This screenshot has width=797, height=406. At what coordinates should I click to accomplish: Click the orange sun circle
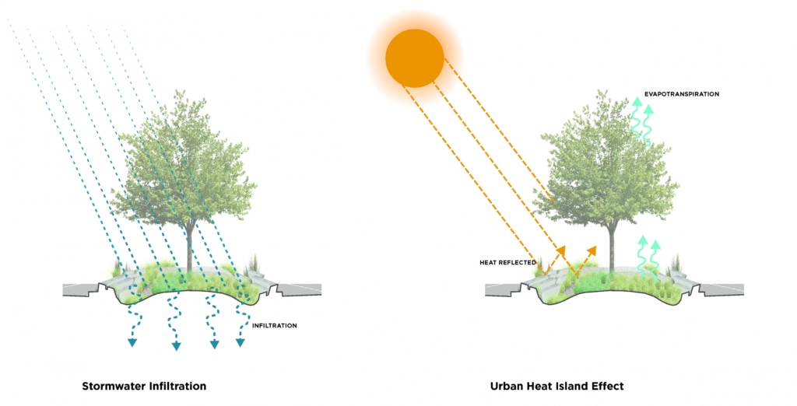[x=415, y=58]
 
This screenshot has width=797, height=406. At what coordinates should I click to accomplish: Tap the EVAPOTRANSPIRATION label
[x=681, y=94]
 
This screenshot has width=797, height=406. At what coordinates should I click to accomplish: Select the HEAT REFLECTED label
[x=507, y=263]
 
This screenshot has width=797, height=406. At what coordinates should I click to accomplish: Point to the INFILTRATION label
[x=275, y=325]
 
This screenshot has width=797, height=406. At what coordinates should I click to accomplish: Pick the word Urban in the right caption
[x=507, y=386]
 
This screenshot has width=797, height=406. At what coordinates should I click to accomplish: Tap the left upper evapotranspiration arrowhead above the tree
[x=637, y=100]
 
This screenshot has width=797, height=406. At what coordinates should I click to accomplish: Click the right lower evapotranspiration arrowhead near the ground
[x=655, y=245]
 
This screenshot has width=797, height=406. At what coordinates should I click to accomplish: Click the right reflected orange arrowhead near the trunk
[x=593, y=249]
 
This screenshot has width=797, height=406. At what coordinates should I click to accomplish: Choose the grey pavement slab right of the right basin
[x=724, y=289]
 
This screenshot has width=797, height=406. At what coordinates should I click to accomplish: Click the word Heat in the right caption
[x=539, y=386]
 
